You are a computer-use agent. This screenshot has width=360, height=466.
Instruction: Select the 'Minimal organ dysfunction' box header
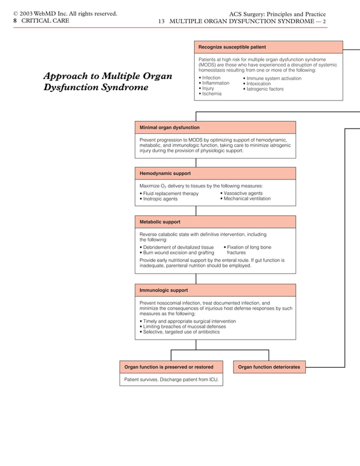(169, 128)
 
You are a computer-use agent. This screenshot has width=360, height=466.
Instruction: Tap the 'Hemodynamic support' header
(165, 173)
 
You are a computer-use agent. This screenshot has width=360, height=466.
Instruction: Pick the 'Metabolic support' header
(160, 222)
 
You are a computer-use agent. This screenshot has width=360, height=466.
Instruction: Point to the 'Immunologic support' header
(164, 290)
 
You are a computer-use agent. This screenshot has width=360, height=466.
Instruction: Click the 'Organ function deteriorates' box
(269, 367)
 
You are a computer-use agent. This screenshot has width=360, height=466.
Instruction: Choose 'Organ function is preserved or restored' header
(169, 367)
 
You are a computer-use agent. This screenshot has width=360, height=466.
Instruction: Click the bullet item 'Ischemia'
(212, 94)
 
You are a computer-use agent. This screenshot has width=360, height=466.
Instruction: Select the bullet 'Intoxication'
(258, 83)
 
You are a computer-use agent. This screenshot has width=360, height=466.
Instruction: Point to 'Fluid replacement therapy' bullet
(170, 194)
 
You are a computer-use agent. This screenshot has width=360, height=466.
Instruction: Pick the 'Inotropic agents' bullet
(160, 199)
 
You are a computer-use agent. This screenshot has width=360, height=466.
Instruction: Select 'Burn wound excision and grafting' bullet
(178, 253)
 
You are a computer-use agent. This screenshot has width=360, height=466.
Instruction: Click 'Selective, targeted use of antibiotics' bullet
(181, 332)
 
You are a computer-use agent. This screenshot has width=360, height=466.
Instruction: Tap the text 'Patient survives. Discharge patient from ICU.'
(170, 380)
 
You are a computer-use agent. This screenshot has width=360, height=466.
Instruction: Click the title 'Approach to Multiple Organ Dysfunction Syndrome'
(107, 82)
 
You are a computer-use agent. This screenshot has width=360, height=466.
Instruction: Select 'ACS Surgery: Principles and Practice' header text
(277, 14)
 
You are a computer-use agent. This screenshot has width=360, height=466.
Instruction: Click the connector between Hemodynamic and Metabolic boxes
(196, 210)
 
